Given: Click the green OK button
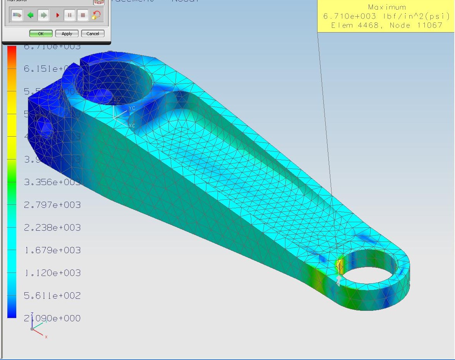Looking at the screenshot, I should (x=41, y=34).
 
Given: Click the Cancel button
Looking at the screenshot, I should (x=93, y=34).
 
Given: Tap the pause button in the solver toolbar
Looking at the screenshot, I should (x=70, y=15).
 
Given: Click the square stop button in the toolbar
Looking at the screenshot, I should (x=82, y=15).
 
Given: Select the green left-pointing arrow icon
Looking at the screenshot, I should (x=30, y=15).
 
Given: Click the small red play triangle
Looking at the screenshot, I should (x=58, y=15).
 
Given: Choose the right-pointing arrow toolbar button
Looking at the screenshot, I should (x=43, y=15).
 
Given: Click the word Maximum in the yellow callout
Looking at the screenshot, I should (x=387, y=7).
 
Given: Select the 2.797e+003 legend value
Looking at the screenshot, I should (x=52, y=205).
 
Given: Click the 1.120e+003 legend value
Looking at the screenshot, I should (x=52, y=273).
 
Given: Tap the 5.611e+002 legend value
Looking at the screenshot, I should (x=52, y=296).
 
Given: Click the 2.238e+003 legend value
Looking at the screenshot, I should (x=52, y=228).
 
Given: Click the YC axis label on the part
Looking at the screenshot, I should (x=132, y=108).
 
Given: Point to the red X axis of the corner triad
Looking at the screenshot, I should (x=40, y=334).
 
